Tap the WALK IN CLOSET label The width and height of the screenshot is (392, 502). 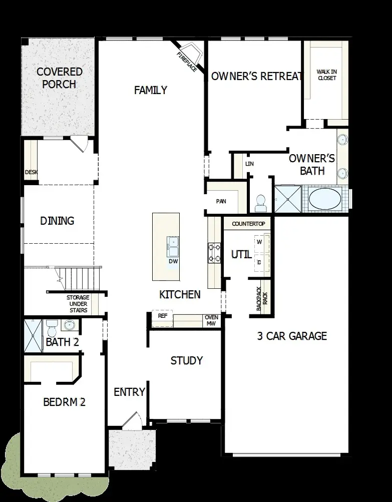click(326, 75)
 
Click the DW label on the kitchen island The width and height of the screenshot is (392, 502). click(173, 261)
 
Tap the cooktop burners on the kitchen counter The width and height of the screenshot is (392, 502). click(214, 252)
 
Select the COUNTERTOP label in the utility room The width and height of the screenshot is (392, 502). click(248, 224)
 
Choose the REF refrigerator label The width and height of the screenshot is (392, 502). click(162, 316)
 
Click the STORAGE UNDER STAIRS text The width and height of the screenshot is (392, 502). click(78, 304)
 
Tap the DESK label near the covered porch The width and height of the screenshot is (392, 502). click(31, 172)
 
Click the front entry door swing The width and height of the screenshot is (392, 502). click(131, 420)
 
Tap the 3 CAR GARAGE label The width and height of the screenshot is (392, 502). click(291, 336)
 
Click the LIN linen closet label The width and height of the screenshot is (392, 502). click(249, 164)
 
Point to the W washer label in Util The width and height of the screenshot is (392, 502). click(259, 242)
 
